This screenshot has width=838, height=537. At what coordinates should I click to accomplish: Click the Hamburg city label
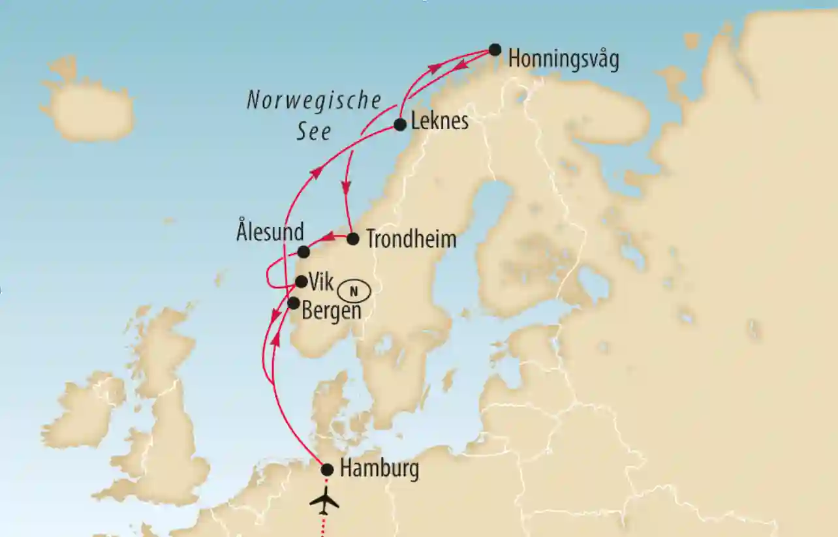coord(379,469)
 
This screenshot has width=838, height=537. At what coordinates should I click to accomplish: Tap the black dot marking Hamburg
coord(328,470)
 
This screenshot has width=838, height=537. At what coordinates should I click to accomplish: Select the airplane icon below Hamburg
coord(324,501)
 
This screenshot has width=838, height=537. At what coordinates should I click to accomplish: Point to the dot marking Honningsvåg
coord(495,50)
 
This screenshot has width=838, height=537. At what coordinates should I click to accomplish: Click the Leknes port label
coord(440,121)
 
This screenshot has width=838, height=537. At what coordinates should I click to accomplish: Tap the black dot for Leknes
coord(400,125)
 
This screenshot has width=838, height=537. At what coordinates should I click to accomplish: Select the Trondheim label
coord(411,239)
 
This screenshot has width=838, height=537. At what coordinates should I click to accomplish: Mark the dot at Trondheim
coord(352,239)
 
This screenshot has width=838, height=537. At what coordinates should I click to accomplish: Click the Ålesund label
coord(270,232)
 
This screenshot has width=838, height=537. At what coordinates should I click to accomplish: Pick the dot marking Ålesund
coord(303,252)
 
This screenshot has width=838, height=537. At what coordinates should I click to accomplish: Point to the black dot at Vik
coord(301,281)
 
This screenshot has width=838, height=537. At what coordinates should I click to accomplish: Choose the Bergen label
coord(332,311)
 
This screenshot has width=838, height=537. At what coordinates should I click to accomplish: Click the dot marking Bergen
coord(294,303)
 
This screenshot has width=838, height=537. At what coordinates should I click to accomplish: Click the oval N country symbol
coord(354,291)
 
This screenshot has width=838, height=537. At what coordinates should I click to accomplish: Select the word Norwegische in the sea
coord(314,101)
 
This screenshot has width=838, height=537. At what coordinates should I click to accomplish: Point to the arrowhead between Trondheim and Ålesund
coord(330,236)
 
